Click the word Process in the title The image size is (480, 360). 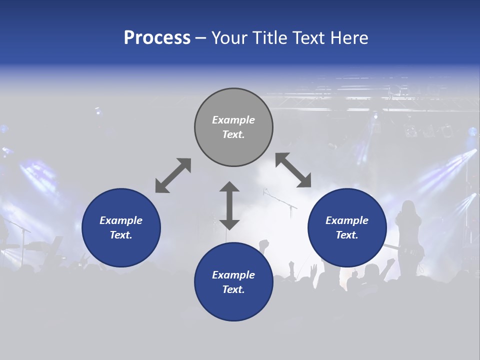point(157,38)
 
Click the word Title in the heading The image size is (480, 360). point(270,38)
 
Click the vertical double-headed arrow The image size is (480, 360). point(229,205)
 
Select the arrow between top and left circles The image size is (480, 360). point(173,175)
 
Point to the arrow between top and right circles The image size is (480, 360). point(293,170)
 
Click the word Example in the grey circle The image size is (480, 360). point(233,120)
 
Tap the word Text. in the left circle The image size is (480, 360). point(121,235)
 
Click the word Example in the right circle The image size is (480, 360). point(347,220)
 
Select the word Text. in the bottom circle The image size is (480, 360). point(233,289)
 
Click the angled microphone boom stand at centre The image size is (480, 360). point(280,200)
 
